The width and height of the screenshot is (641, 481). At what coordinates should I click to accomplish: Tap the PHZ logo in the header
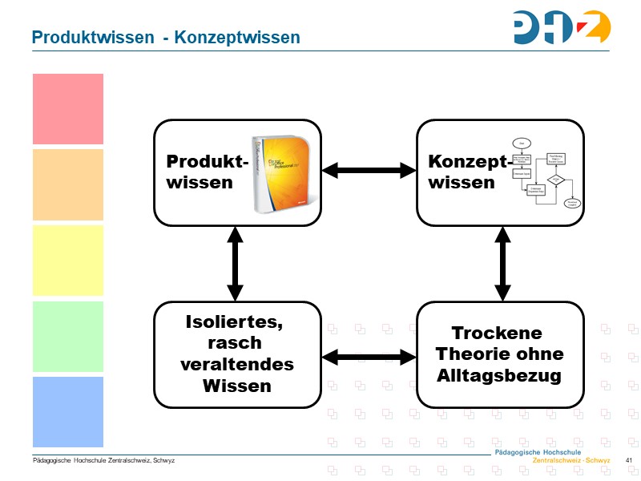(562, 26)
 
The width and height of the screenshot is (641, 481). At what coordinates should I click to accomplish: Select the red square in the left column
(68, 109)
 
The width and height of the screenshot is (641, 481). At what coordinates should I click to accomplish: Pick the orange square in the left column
(68, 184)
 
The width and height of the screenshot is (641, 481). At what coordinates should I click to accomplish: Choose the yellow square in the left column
(68, 261)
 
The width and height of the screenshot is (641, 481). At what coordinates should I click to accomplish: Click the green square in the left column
(68, 337)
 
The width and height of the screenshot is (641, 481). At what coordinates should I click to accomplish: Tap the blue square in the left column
(68, 412)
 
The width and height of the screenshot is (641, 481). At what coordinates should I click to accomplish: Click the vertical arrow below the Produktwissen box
(235, 264)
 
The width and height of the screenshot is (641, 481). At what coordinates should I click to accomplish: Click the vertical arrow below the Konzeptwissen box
(502, 264)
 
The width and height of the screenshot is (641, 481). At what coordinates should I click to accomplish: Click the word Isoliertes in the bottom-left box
(235, 322)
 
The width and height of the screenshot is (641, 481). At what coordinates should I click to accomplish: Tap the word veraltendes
(237, 365)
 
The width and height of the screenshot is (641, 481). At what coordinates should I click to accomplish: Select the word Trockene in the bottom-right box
(497, 333)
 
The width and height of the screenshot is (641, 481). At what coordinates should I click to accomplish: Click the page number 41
(629, 460)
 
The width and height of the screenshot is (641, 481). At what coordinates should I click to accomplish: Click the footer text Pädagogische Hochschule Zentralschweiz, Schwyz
(103, 461)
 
